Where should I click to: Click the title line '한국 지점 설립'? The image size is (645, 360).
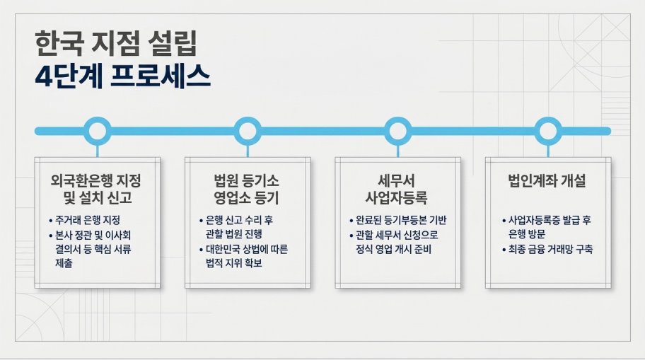[116, 43]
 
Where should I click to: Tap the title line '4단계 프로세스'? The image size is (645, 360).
[122, 76]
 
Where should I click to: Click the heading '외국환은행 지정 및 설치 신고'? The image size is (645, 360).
[96, 190]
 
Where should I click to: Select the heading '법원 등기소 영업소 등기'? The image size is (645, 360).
[246, 190]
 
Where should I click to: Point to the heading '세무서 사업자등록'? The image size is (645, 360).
[397, 190]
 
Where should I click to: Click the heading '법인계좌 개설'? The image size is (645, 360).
[547, 181]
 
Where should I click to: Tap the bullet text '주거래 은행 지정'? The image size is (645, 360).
[84, 221]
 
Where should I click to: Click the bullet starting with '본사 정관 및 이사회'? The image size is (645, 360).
[90, 250]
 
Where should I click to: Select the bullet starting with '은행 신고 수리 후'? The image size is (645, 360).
[236, 227]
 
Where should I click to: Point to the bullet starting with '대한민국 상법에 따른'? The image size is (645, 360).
[243, 256]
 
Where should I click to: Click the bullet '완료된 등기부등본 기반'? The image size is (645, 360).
[398, 221]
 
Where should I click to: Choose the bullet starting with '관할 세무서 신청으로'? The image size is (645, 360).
[394, 243]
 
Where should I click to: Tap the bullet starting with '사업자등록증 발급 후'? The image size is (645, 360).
[547, 227]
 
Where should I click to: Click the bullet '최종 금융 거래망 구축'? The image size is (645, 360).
[547, 250]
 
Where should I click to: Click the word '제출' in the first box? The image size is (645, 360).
[64, 263]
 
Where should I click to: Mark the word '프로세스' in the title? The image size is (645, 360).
[161, 76]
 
